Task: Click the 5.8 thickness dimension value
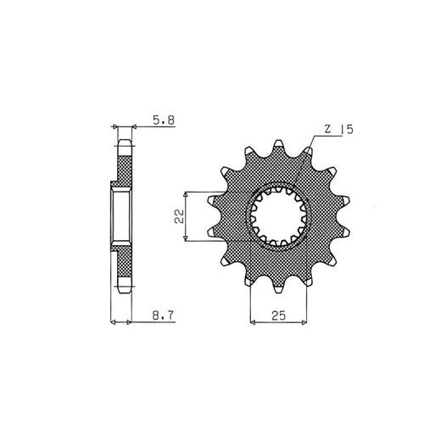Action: (164, 120)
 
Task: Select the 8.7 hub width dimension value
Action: (163, 315)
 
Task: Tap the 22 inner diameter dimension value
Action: (179, 216)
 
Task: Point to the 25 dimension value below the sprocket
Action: (279, 315)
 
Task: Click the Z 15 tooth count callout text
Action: (339, 130)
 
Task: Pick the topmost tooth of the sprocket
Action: (279, 147)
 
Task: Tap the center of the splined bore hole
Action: (279, 217)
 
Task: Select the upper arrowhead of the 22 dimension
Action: (186, 194)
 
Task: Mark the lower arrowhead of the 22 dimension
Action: (186, 238)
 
